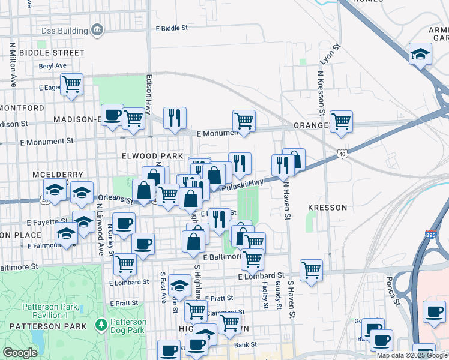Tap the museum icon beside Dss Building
tap(97, 30)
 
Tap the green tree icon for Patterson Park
tap(101, 326)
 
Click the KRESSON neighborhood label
tap(327, 208)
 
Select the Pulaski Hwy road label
tap(243, 187)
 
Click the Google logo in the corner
tap(20, 353)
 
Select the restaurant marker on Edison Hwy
tap(175, 117)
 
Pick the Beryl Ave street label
tap(53, 66)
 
